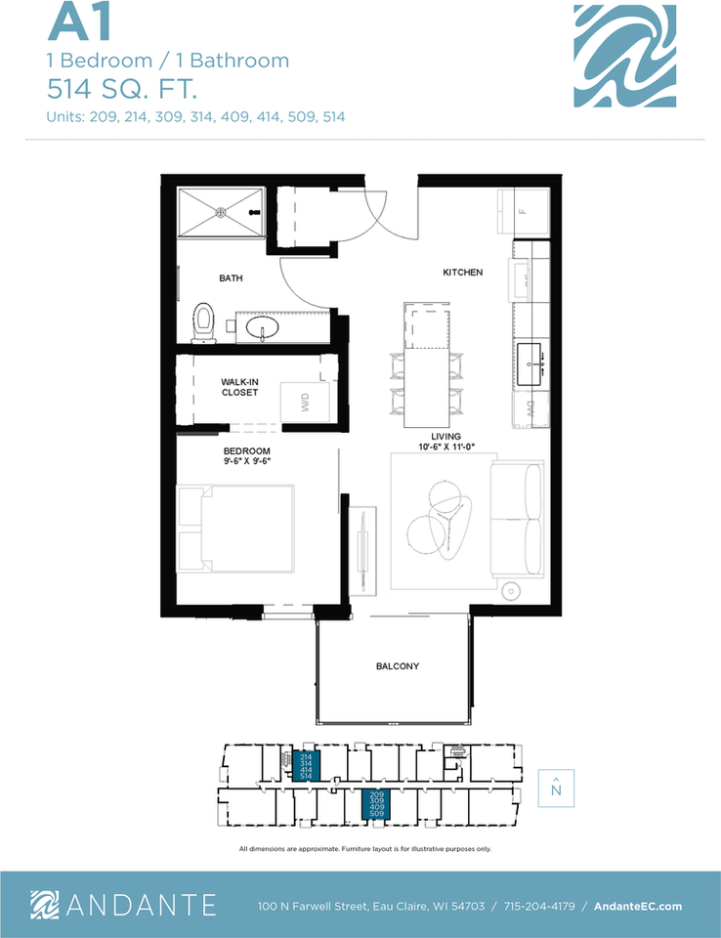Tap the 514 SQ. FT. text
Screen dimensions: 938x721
(122, 90)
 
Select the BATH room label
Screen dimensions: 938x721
(231, 278)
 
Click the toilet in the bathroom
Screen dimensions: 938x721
(204, 321)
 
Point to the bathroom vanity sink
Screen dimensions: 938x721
(262, 326)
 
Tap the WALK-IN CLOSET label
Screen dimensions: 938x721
(239, 386)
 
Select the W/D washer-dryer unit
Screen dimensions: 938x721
(305, 403)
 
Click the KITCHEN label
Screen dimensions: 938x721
(462, 273)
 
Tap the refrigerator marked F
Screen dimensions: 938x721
(522, 211)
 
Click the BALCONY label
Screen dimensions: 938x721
(398, 666)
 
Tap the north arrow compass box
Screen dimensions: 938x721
(555, 788)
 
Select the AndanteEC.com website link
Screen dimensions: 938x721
(638, 906)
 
